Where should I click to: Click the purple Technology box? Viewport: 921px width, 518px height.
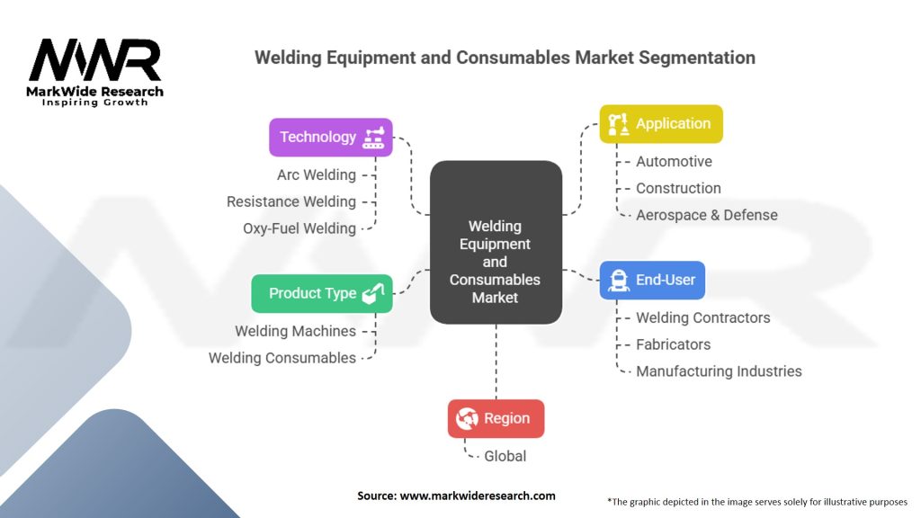tap(331, 138)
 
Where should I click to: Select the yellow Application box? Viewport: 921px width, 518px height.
tap(661, 124)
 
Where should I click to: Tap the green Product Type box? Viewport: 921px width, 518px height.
tap(322, 293)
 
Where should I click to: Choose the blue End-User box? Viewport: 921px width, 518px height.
tap(652, 280)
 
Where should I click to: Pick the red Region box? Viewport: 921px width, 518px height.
tap(496, 418)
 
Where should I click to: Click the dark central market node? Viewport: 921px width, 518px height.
tap(496, 243)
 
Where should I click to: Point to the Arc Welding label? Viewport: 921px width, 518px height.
tap(316, 174)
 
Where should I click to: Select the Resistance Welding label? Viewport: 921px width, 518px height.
tap(291, 201)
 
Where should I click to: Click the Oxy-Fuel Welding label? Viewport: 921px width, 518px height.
tap(299, 228)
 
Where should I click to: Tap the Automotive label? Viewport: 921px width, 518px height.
tap(674, 162)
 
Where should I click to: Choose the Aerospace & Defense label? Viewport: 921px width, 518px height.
tap(706, 215)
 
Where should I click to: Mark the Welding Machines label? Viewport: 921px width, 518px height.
tap(295, 331)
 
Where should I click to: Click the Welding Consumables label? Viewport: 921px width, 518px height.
tap(282, 358)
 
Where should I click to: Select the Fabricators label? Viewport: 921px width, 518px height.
tap(673, 344)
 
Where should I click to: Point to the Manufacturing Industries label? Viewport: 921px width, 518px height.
tap(719, 371)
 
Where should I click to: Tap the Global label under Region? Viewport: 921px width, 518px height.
tap(505, 456)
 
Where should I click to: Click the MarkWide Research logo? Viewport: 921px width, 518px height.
tap(95, 71)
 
